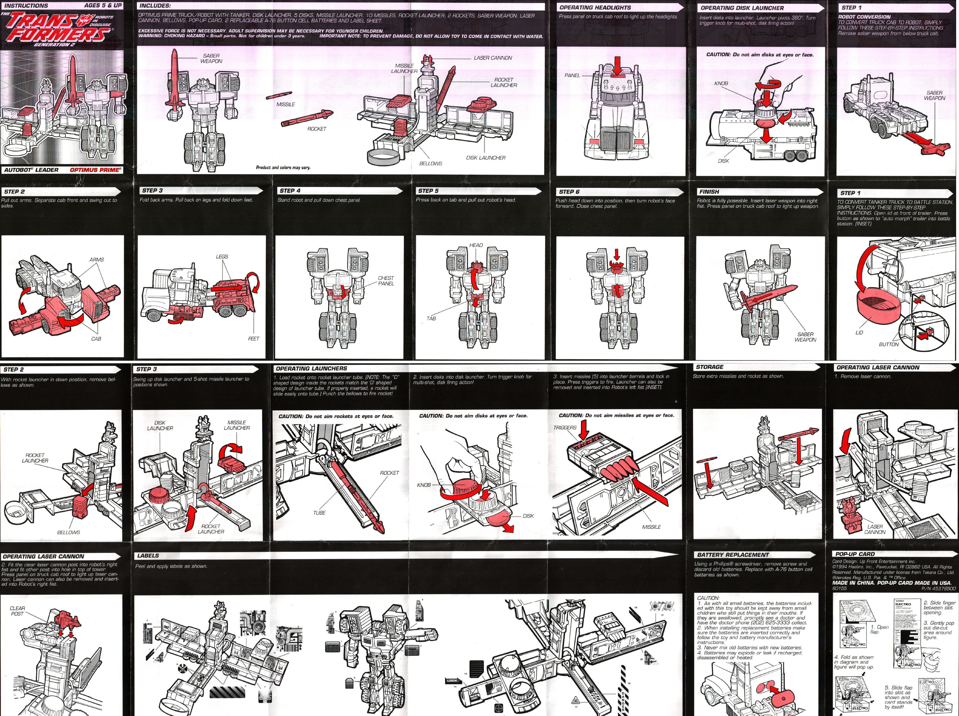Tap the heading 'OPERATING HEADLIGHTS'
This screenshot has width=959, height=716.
(x=595, y=7)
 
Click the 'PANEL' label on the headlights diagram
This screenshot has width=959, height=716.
(x=572, y=75)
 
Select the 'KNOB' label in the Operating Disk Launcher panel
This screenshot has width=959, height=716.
(x=721, y=83)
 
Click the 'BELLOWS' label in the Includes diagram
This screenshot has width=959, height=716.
(x=431, y=163)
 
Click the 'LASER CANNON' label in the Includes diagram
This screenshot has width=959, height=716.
(x=493, y=58)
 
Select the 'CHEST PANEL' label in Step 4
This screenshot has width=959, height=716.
(x=386, y=281)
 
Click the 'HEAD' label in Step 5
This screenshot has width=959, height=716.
(x=476, y=245)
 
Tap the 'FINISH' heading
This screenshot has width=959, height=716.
(x=709, y=192)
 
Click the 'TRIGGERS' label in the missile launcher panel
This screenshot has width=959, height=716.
(x=565, y=427)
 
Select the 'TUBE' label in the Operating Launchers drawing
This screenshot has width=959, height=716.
(x=319, y=513)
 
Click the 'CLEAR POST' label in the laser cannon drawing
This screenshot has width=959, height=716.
(x=17, y=611)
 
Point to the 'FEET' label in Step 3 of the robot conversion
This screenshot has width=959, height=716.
(x=253, y=339)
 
